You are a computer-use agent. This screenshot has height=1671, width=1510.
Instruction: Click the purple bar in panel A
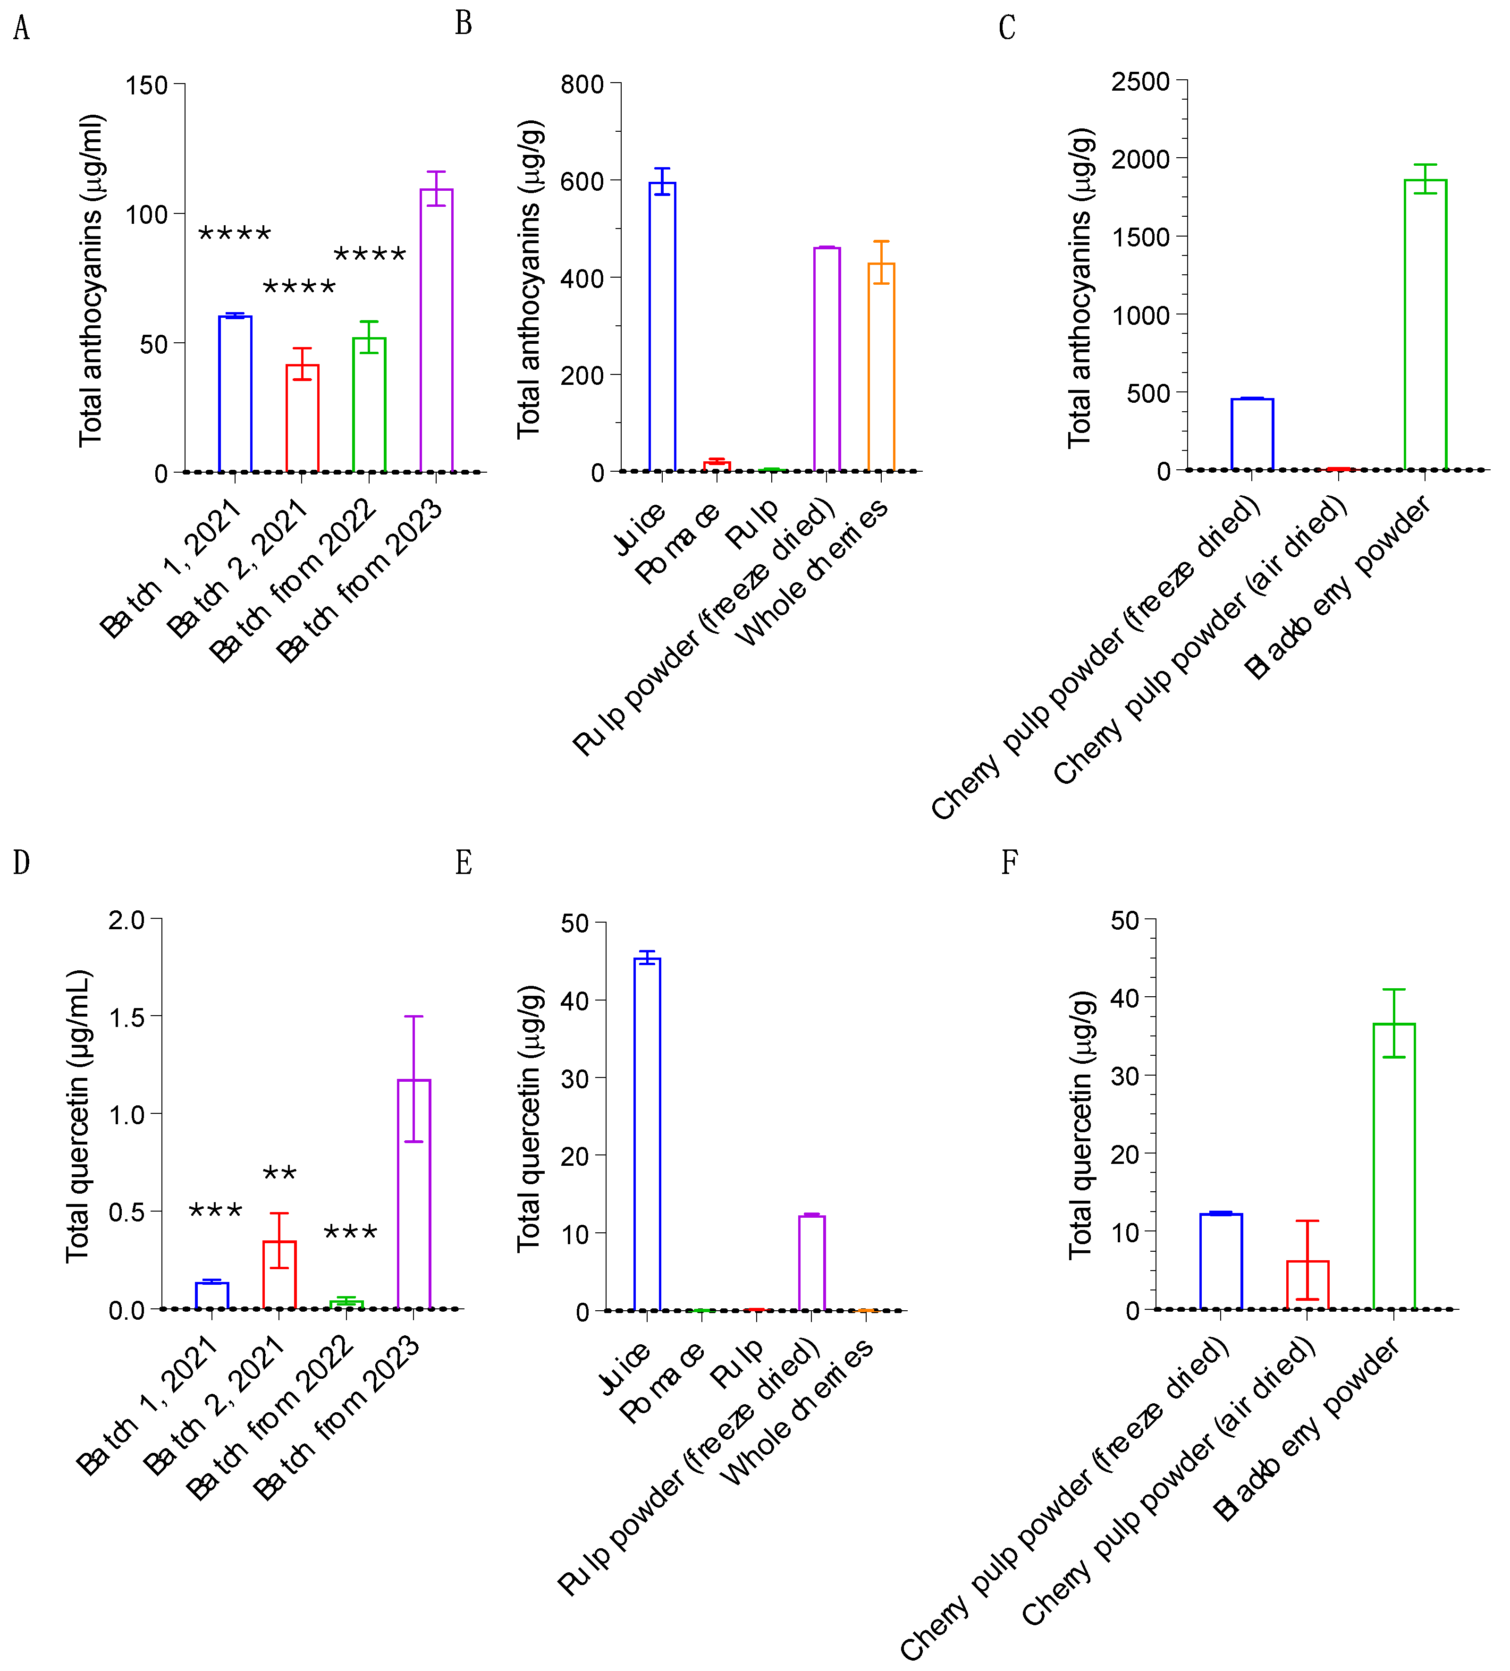[x=436, y=331]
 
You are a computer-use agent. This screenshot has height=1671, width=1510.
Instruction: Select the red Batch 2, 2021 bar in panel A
[x=303, y=419]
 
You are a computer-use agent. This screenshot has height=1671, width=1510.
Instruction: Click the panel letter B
[x=463, y=23]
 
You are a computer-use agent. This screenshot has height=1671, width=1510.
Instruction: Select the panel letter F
[x=1009, y=862]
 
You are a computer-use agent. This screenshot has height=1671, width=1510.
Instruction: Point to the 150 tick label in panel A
[x=146, y=85]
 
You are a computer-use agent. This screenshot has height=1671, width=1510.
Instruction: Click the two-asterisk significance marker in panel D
[x=279, y=1173]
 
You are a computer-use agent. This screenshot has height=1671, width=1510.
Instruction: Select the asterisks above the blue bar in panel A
[x=235, y=234]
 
